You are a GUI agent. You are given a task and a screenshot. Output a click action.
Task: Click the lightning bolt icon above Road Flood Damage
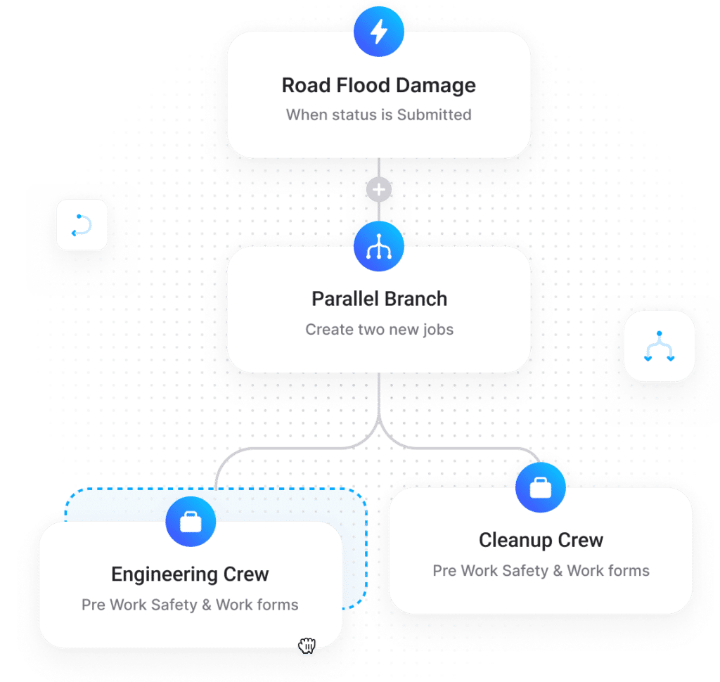click(x=379, y=32)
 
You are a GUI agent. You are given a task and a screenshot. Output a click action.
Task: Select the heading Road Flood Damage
click(x=379, y=86)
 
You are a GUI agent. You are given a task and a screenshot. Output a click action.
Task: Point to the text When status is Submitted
click(x=379, y=115)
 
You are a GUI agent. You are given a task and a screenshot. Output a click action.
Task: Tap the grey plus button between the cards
click(x=379, y=190)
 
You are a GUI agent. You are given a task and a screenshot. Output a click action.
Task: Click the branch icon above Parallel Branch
click(x=379, y=247)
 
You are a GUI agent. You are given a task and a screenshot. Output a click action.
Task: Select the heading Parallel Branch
click(x=379, y=299)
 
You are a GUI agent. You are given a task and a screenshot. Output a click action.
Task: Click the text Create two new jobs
click(x=379, y=330)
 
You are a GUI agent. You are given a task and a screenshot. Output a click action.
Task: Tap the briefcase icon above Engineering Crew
click(x=191, y=522)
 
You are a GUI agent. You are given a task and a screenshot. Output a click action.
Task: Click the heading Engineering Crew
click(x=190, y=574)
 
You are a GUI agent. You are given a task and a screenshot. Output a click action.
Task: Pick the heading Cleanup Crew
click(x=541, y=541)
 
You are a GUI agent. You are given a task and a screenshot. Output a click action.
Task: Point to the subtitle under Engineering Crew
click(x=190, y=605)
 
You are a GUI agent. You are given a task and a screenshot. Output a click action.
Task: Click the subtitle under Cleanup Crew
click(x=541, y=571)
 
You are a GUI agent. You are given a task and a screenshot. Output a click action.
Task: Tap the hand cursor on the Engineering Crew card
click(x=307, y=645)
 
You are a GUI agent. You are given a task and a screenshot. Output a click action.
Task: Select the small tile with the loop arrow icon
click(x=82, y=225)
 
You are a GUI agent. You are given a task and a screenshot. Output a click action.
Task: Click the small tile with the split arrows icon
click(x=659, y=346)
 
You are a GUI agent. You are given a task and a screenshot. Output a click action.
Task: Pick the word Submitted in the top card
click(x=434, y=115)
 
